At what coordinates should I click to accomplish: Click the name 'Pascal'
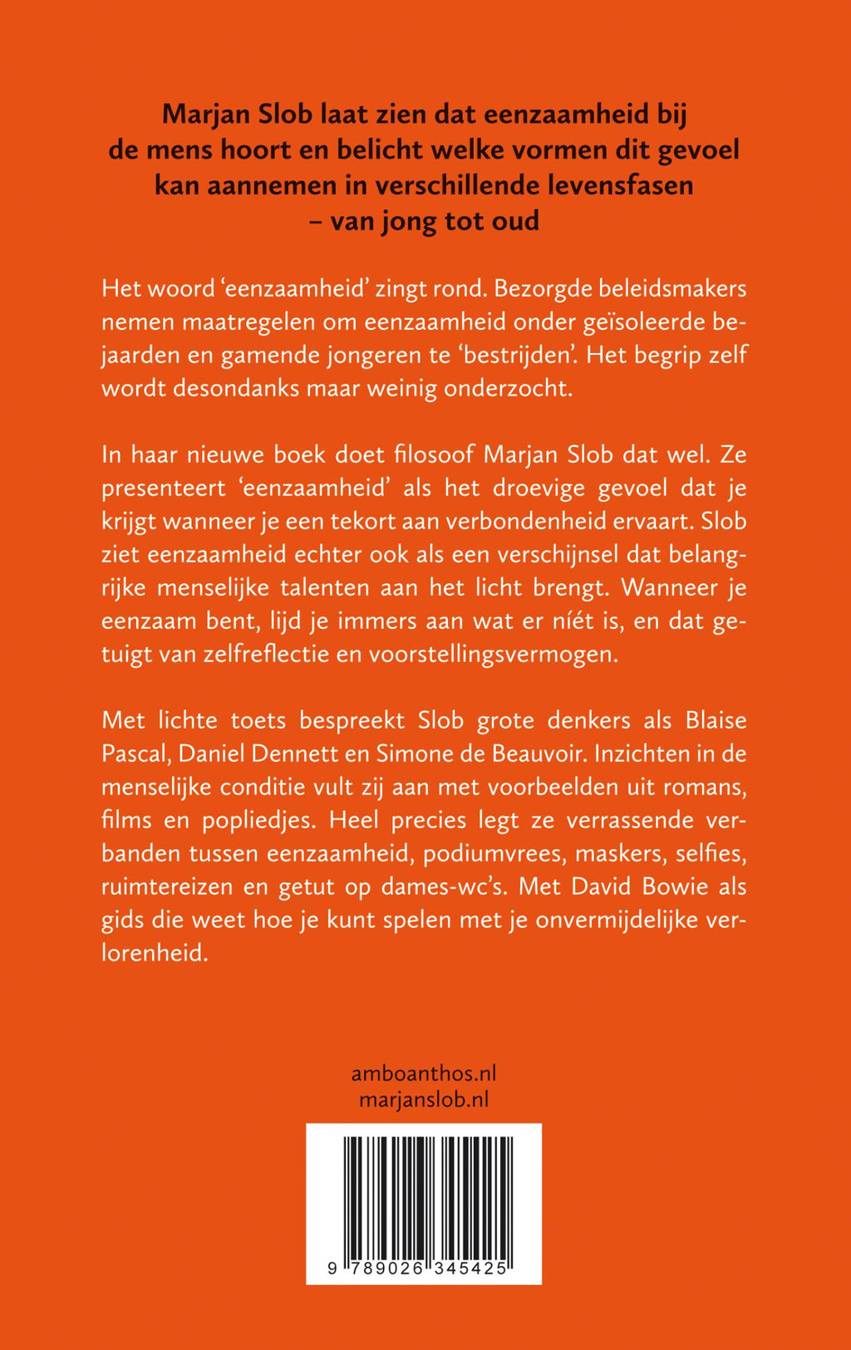click(x=132, y=754)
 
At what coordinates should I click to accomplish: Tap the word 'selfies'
click(x=711, y=853)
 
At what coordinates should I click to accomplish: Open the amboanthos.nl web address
click(x=424, y=1073)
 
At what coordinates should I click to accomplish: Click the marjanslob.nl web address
click(x=424, y=1099)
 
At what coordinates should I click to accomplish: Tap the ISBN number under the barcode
click(x=419, y=1269)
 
